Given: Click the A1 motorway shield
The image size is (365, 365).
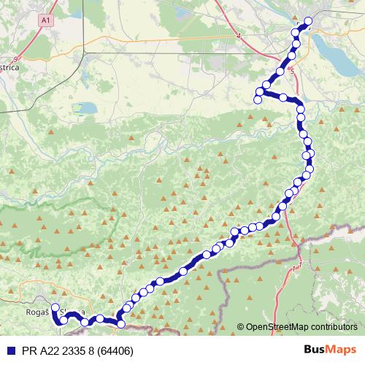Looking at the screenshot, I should [x=47, y=21].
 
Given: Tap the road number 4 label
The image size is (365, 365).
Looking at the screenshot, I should [x=238, y=34].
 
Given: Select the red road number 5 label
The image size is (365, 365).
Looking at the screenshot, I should [x=292, y=72].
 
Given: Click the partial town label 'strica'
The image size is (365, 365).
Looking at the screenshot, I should [x=12, y=64].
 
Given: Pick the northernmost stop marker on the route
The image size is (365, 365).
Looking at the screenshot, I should [x=308, y=21].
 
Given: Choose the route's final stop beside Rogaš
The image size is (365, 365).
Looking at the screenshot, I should [x=55, y=307].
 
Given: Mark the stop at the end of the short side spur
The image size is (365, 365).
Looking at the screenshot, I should [x=257, y=99].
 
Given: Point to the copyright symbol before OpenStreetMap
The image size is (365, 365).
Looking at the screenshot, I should [x=241, y=327].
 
